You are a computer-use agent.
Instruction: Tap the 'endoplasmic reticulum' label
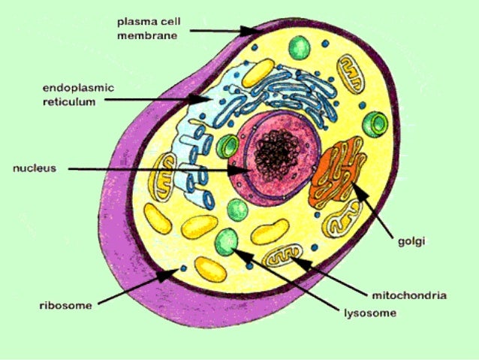(x=77, y=95)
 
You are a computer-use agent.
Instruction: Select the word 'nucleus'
(x=35, y=168)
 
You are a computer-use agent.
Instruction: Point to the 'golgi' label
(x=411, y=241)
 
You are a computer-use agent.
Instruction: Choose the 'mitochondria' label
(x=409, y=295)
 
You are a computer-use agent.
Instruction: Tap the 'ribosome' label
(x=65, y=305)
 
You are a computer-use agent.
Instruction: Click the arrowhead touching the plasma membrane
(x=252, y=32)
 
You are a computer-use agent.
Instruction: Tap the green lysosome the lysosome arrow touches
(x=226, y=241)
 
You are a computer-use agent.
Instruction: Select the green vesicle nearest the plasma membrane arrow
(x=299, y=47)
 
